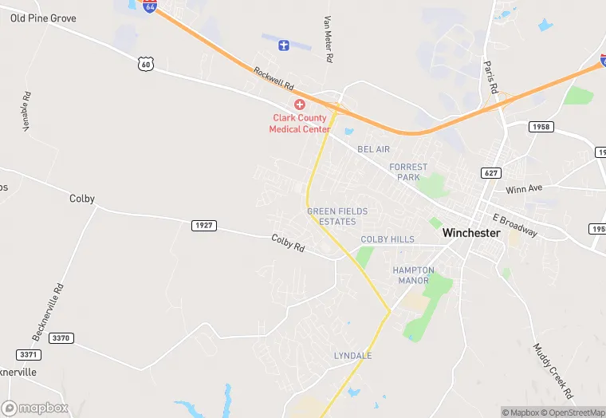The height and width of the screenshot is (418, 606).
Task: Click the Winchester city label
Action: [x=470, y=233]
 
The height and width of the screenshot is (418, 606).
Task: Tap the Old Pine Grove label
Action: [x=43, y=18]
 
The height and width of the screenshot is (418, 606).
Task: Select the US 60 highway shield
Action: [x=144, y=64]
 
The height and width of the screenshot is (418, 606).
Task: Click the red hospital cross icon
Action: [x=300, y=104]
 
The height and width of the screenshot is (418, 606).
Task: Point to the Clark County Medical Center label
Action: [x=300, y=124]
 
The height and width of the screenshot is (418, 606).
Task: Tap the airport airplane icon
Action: [x=283, y=45]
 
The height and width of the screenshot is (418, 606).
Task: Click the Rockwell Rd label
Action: [x=274, y=77]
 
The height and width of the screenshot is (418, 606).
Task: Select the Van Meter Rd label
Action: [x=327, y=39]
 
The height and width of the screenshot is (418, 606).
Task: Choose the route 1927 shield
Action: [x=203, y=226]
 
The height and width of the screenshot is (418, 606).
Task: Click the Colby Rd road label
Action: [x=288, y=243]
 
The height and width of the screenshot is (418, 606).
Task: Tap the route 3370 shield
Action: [x=61, y=338]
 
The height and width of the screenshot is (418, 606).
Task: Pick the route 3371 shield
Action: [x=28, y=354]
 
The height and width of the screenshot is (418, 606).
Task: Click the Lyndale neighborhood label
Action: [x=352, y=355]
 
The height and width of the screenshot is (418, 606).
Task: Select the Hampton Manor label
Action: [x=413, y=275]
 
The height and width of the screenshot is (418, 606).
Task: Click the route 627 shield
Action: [x=491, y=172]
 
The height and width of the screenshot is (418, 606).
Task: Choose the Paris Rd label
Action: [x=491, y=77]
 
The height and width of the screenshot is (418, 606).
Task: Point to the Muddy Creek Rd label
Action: [x=553, y=371]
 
